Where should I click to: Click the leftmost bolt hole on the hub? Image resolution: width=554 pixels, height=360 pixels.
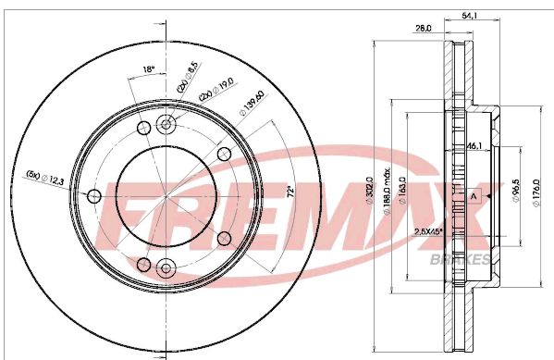tap(93, 196)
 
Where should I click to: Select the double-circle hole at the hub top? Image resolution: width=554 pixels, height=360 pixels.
tap(166, 125)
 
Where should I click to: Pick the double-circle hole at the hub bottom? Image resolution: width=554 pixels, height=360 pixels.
tap(166, 267)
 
